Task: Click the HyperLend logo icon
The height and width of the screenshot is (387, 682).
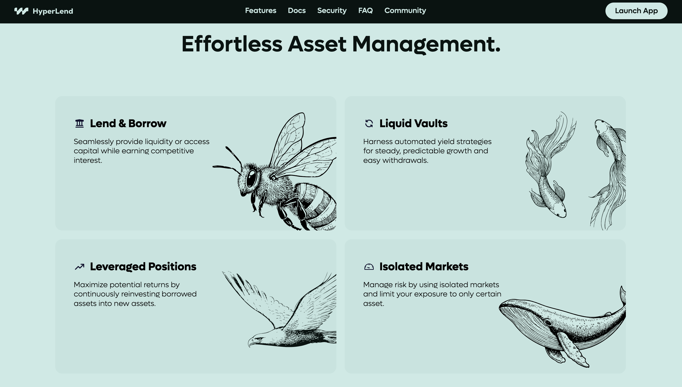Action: click(x=21, y=11)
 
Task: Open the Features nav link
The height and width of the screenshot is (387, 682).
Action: click(x=261, y=11)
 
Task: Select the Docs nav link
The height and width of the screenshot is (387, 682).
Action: click(x=296, y=11)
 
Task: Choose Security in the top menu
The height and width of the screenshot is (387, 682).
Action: click(x=332, y=11)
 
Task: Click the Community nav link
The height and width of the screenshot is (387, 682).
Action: click(x=405, y=11)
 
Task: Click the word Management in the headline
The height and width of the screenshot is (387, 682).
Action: click(x=426, y=44)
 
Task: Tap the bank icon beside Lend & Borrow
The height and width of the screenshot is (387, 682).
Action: click(x=79, y=123)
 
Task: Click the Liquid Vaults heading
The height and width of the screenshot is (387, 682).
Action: click(x=413, y=123)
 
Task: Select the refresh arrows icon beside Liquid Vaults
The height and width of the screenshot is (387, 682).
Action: click(x=369, y=123)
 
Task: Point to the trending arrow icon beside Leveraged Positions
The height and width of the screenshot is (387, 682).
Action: click(x=79, y=267)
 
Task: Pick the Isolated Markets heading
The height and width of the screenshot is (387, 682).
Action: click(x=424, y=267)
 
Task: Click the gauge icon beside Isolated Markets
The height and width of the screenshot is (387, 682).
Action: click(x=369, y=267)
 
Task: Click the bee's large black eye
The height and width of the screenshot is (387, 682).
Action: click(x=251, y=178)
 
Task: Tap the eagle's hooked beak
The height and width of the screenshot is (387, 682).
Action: click(x=250, y=343)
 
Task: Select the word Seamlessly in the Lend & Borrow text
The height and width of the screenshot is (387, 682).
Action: click(x=94, y=142)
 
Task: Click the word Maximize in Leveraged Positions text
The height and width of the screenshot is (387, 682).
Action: click(x=91, y=285)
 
